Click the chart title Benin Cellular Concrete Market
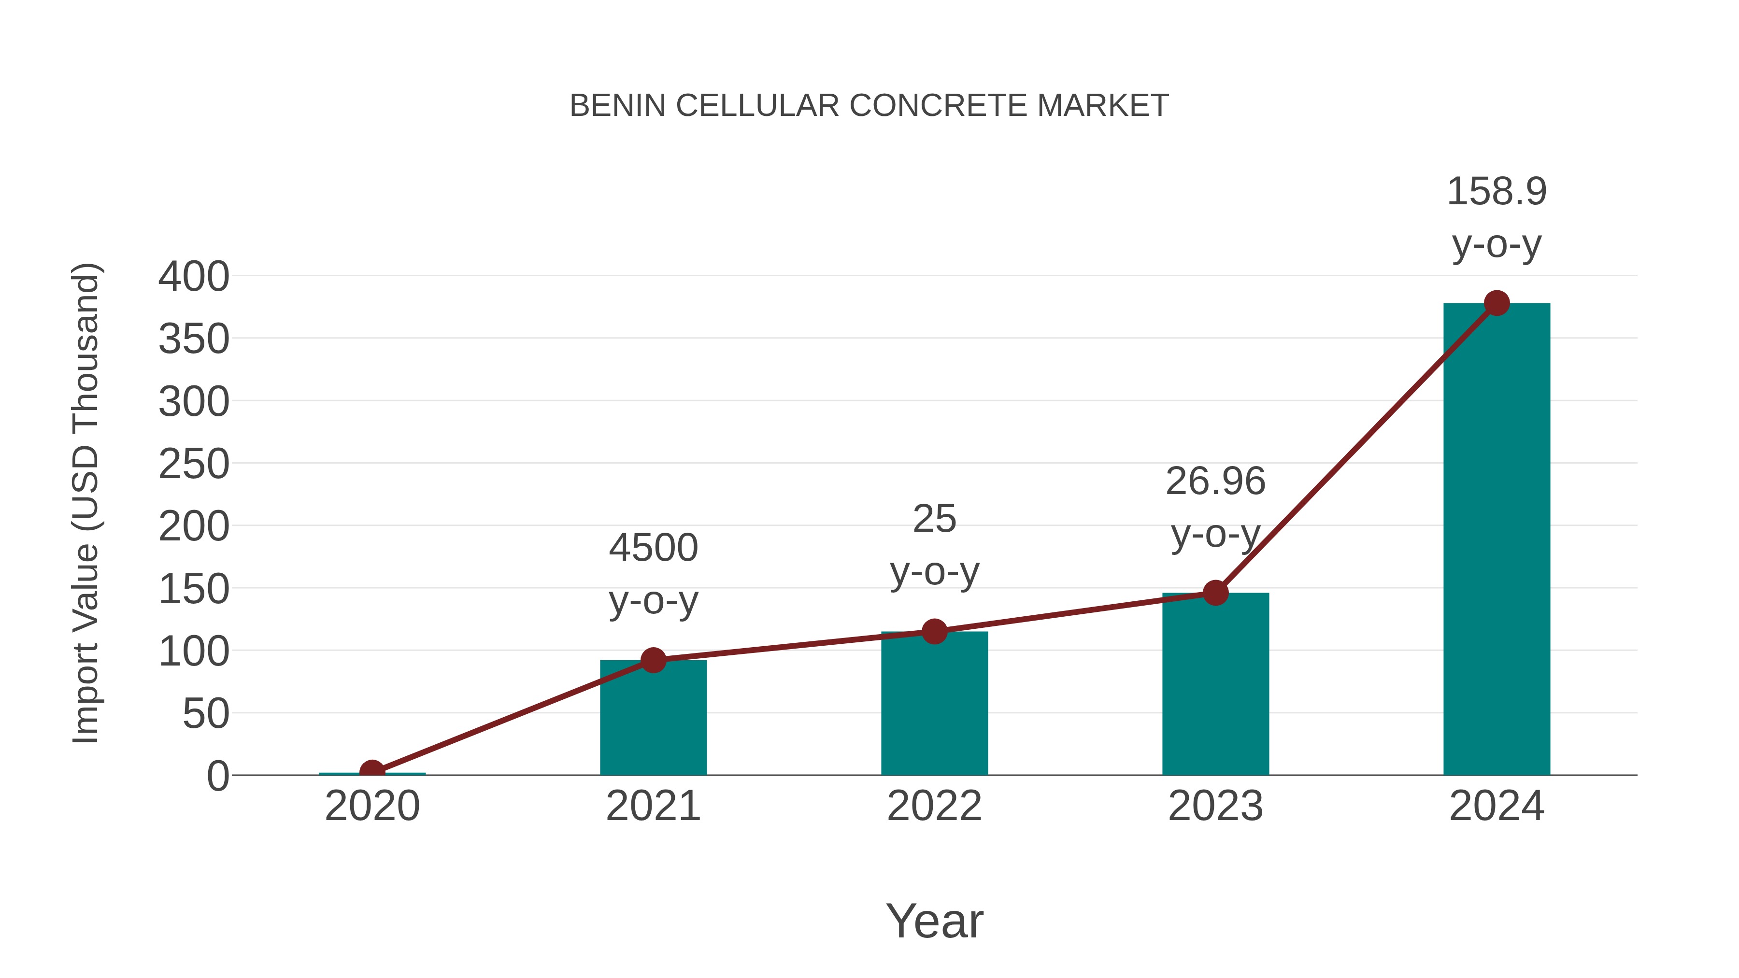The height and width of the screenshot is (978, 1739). [869, 106]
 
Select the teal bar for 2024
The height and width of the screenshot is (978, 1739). [1496, 540]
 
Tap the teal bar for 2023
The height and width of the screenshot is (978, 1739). [1215, 685]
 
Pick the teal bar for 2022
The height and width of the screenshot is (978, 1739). [934, 705]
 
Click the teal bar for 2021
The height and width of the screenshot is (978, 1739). [653, 719]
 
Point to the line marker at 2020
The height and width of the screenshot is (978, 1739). [372, 771]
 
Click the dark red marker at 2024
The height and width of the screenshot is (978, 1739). [1497, 303]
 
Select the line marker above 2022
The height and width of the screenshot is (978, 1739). [934, 632]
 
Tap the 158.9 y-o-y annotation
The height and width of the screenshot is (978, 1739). [1496, 217]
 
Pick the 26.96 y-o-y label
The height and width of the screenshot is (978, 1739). [1215, 508]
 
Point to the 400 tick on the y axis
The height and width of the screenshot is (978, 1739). [194, 277]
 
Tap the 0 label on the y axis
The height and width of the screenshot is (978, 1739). [217, 776]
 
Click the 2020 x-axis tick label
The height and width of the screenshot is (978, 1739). [372, 806]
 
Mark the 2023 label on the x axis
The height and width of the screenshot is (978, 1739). [1215, 806]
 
